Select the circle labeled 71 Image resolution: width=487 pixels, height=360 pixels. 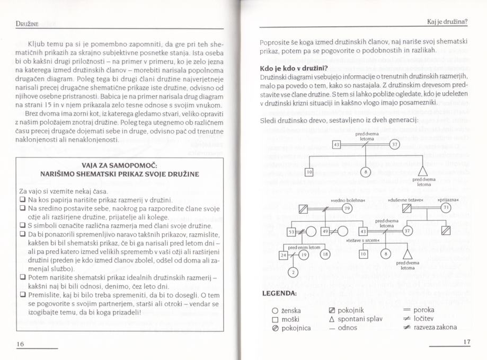446,207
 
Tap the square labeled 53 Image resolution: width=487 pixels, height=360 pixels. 291,231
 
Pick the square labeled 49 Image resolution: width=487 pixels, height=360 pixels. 325,231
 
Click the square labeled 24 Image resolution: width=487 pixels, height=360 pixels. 283,255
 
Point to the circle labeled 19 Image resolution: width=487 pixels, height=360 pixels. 303,255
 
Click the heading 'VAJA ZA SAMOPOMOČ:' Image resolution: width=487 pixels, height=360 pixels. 120,165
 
